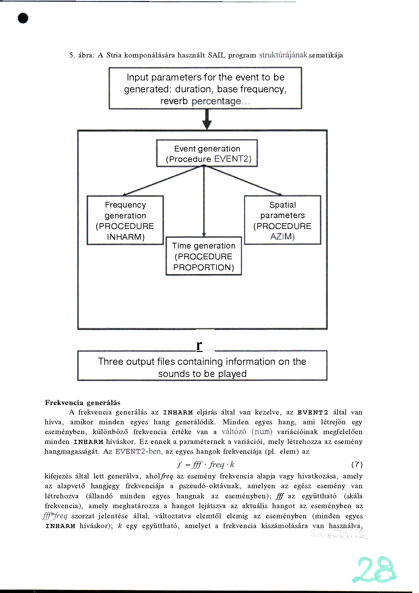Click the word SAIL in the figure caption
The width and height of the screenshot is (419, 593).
click(216, 55)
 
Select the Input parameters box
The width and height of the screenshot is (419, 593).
click(205, 88)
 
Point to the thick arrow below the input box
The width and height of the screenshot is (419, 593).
click(207, 120)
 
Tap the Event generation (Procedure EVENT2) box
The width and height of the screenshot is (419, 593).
click(207, 153)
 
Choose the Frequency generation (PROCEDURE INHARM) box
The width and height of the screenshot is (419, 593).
click(125, 220)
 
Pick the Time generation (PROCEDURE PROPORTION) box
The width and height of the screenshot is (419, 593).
click(204, 256)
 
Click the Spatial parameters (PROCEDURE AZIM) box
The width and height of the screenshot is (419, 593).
click(283, 220)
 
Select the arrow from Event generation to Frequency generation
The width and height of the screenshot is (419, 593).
click(162, 181)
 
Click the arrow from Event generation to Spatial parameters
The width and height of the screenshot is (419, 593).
click(243, 181)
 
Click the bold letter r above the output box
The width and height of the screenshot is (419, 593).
click(199, 345)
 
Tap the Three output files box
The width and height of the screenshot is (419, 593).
click(202, 366)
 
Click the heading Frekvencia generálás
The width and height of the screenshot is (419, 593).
click(83, 403)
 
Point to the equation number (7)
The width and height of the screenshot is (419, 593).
click(357, 465)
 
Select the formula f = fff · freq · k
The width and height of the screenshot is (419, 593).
click(206, 465)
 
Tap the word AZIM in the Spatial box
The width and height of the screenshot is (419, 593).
click(282, 236)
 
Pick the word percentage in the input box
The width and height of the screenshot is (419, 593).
click(216, 101)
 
